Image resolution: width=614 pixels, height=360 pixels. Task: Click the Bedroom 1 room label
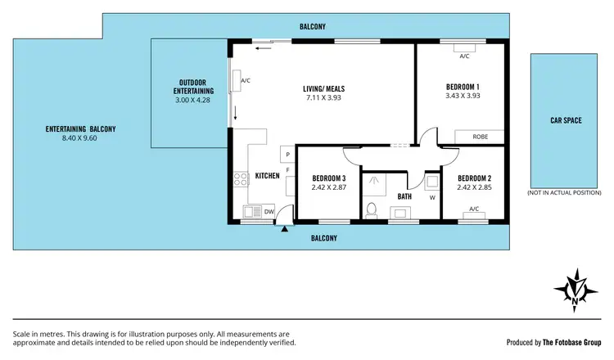coord(463,87)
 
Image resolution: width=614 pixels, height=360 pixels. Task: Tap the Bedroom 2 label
coord(474,178)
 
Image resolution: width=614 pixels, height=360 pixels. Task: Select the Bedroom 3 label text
coord(329,178)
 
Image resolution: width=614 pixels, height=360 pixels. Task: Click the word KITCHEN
coord(268,176)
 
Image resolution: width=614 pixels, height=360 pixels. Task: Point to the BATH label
coord(404,196)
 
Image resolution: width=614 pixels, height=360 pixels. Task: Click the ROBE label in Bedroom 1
coord(480,137)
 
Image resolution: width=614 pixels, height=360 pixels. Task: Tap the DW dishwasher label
coord(269,211)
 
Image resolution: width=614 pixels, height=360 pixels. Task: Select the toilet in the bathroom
coord(370,209)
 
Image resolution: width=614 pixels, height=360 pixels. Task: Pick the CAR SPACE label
coord(566,120)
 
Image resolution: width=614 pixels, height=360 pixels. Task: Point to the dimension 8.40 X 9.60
coord(79,138)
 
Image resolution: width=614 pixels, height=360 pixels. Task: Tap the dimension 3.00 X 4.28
coord(192,100)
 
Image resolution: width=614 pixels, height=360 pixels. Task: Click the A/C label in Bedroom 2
coord(474,209)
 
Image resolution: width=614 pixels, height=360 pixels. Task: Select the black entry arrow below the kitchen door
coord(285,230)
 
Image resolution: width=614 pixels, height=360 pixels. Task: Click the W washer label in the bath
coord(431,196)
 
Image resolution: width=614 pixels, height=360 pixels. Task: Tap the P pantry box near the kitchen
coord(288,154)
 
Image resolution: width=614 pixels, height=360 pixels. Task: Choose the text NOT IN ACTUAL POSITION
coord(566,193)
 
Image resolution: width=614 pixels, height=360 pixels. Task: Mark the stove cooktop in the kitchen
coord(241,178)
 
